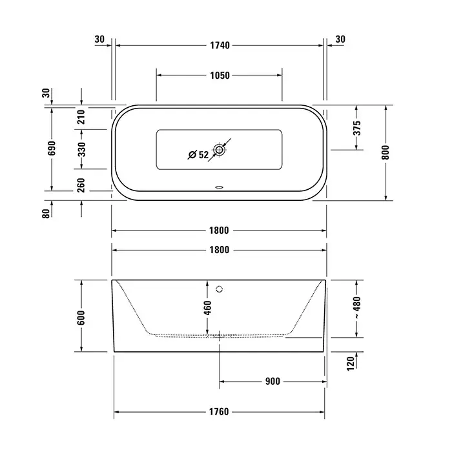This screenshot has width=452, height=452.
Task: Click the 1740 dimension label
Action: [x=220, y=45]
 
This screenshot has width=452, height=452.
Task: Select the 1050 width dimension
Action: [x=220, y=76]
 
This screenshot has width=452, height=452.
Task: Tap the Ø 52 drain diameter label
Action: [x=198, y=155]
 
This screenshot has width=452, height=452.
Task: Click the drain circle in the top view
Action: [x=219, y=150]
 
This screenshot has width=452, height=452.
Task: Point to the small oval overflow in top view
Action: [x=219, y=187]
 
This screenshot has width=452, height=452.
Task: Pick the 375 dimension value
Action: [x=357, y=128]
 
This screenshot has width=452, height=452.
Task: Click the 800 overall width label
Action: [x=385, y=152]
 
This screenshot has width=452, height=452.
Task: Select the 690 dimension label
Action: [x=52, y=148]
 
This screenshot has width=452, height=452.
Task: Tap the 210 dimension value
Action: [x=81, y=117]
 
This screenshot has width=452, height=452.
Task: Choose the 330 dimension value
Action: [x=82, y=149]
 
